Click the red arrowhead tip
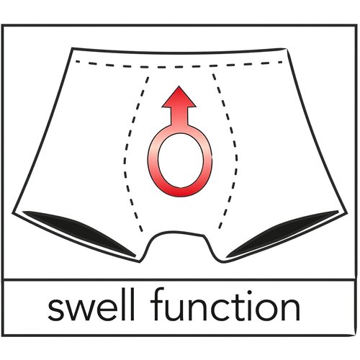179,86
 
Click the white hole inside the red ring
181,161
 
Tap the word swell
91,307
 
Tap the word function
225,305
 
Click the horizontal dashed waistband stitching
179,66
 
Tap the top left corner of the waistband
73,48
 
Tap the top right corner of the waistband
287,48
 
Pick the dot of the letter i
250,293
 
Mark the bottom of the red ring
181,192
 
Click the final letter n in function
291,309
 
